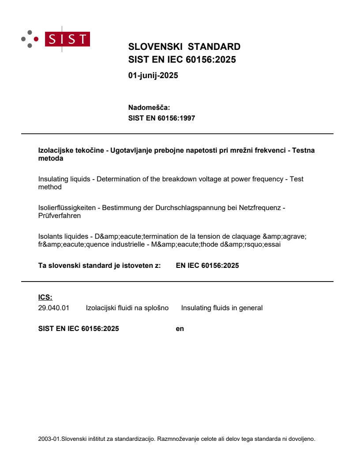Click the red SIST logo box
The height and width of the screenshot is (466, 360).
pyautogui.click(x=68, y=39)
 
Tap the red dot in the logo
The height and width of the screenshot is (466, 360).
pyautogui.click(x=36, y=39)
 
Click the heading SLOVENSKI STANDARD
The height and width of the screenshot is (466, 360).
pyautogui.click(x=184, y=47)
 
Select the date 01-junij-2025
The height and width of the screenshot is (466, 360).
pyautogui.click(x=153, y=75)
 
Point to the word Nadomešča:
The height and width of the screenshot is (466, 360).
pyautogui.click(x=149, y=107)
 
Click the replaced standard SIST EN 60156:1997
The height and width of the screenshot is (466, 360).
pyautogui.click(x=161, y=118)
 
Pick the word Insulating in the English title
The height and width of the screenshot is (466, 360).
pyautogui.click(x=53, y=179)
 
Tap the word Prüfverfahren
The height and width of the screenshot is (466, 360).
pyautogui.click(x=60, y=216)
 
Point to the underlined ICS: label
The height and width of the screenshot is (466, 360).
pyautogui.click(x=45, y=297)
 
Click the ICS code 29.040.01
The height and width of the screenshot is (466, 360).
pyautogui.click(x=54, y=308)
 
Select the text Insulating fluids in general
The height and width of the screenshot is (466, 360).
pyautogui.click(x=221, y=308)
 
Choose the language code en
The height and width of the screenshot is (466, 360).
pyautogui.click(x=180, y=328)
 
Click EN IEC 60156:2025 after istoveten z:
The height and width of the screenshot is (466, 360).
pyautogui.click(x=207, y=266)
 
